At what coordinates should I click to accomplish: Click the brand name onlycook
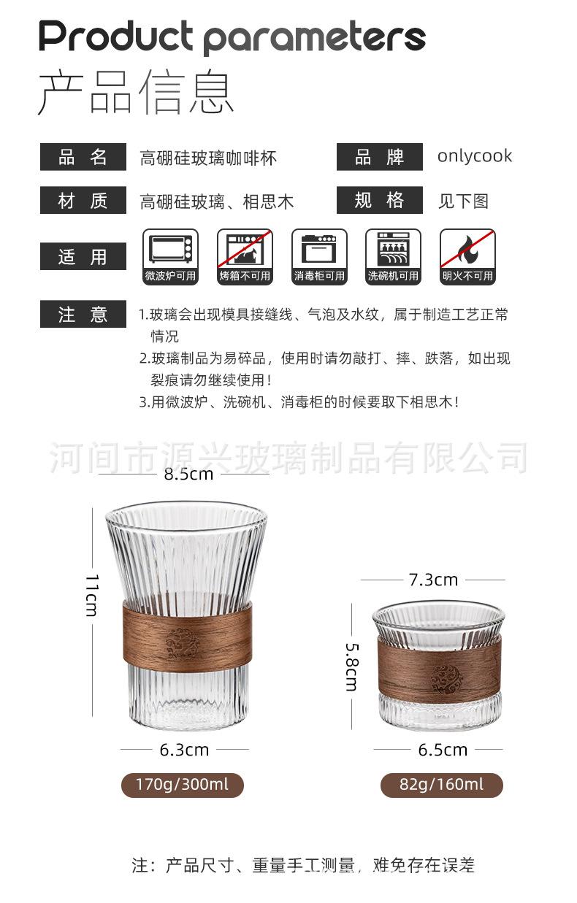[x=475, y=156]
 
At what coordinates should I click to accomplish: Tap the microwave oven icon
[x=171, y=249]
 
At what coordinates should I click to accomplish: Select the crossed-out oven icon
[x=245, y=249]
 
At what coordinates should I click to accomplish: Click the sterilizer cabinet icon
[x=319, y=249]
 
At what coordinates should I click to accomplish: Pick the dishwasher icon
[x=393, y=249]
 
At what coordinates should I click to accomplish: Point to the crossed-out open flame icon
[x=467, y=249]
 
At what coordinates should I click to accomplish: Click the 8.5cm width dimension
[x=188, y=474]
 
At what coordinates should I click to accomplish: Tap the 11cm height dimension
[x=91, y=595]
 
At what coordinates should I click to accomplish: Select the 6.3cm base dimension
[x=184, y=750]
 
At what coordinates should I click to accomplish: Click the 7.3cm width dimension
[x=433, y=580]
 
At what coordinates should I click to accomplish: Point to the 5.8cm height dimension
[x=351, y=666]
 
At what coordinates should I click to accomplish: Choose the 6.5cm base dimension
[x=443, y=750]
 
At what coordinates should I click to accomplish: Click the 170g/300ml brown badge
[x=182, y=785]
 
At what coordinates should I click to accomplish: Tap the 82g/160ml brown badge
[x=442, y=785]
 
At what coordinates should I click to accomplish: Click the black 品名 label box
[x=83, y=158]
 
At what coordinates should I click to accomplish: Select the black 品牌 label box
[x=379, y=158]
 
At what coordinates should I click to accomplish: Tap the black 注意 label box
[x=83, y=315]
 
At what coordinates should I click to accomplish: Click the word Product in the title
[x=116, y=35]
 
